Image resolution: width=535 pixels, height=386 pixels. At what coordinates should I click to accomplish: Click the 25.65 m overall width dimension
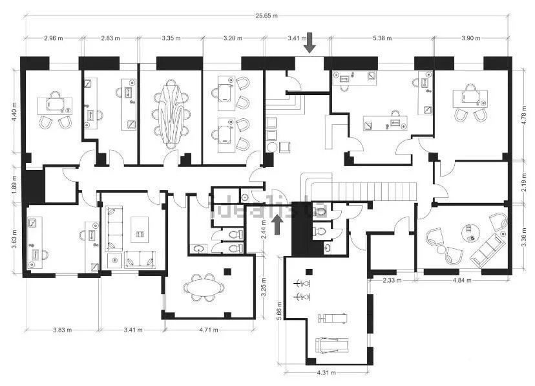266,16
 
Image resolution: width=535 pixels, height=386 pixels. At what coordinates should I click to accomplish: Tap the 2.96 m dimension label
54,38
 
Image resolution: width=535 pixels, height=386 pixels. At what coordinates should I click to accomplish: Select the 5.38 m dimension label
382,38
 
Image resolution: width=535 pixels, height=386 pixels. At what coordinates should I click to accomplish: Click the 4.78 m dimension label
524,115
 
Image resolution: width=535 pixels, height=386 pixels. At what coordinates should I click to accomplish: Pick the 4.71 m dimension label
209,330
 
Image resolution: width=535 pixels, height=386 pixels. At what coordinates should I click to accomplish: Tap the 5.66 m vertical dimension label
279,310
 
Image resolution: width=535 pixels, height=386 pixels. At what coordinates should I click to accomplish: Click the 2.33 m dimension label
392,280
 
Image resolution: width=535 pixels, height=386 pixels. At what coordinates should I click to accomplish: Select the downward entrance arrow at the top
309,43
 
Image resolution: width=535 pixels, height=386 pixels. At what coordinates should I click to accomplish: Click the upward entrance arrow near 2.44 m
278,224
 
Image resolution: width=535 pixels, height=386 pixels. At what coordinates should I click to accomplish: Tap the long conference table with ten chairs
171,114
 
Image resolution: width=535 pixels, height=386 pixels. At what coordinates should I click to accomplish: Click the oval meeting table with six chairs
204,288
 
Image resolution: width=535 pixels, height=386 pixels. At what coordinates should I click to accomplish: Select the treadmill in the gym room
331,345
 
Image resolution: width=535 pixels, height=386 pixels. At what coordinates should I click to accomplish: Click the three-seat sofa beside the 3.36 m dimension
487,250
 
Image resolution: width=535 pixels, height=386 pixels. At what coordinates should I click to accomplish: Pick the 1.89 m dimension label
14,185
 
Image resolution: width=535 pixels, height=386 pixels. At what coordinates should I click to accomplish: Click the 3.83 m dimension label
63,330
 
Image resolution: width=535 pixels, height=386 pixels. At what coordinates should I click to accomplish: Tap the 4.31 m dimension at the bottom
326,372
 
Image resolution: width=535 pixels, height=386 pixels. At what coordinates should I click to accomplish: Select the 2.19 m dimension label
524,182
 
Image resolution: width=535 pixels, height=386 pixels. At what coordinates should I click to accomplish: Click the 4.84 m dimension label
462,280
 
